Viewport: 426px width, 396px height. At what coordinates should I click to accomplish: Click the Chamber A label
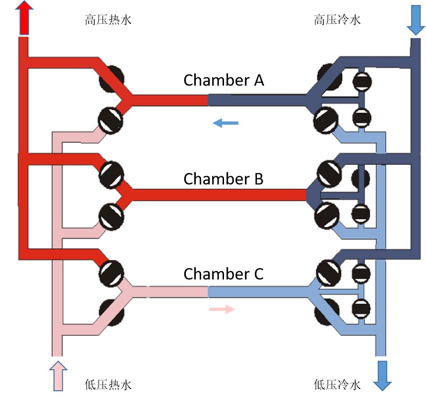pyautogui.click(x=224, y=80)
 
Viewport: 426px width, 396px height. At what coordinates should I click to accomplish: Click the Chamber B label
pyautogui.click(x=224, y=179)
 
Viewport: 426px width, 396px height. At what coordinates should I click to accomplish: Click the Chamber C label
pyautogui.click(x=224, y=274)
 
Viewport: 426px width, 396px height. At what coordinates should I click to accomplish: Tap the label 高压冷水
pyautogui.click(x=337, y=20)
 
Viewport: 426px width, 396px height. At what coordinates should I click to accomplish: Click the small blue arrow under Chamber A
pyautogui.click(x=225, y=124)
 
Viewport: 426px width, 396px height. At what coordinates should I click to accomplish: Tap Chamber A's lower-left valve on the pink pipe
pyautogui.click(x=111, y=119)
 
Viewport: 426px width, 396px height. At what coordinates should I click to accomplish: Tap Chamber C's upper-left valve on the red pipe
pyautogui.click(x=112, y=271)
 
